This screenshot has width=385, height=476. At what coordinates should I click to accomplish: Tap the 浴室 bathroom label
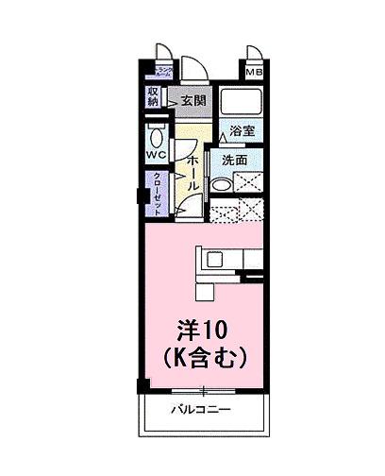(242, 132)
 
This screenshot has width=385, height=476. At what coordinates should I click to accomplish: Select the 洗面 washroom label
(234, 161)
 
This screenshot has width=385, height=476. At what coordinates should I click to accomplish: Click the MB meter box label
(254, 72)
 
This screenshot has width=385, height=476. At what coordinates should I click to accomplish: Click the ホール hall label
(192, 173)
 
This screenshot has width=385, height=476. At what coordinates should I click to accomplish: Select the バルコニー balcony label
(202, 410)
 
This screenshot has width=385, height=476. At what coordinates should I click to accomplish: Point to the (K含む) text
(204, 357)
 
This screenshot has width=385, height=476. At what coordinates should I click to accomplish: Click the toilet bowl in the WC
(157, 129)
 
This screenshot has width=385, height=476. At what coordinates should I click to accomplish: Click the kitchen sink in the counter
(210, 257)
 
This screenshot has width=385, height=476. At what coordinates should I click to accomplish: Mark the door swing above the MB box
(255, 53)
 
